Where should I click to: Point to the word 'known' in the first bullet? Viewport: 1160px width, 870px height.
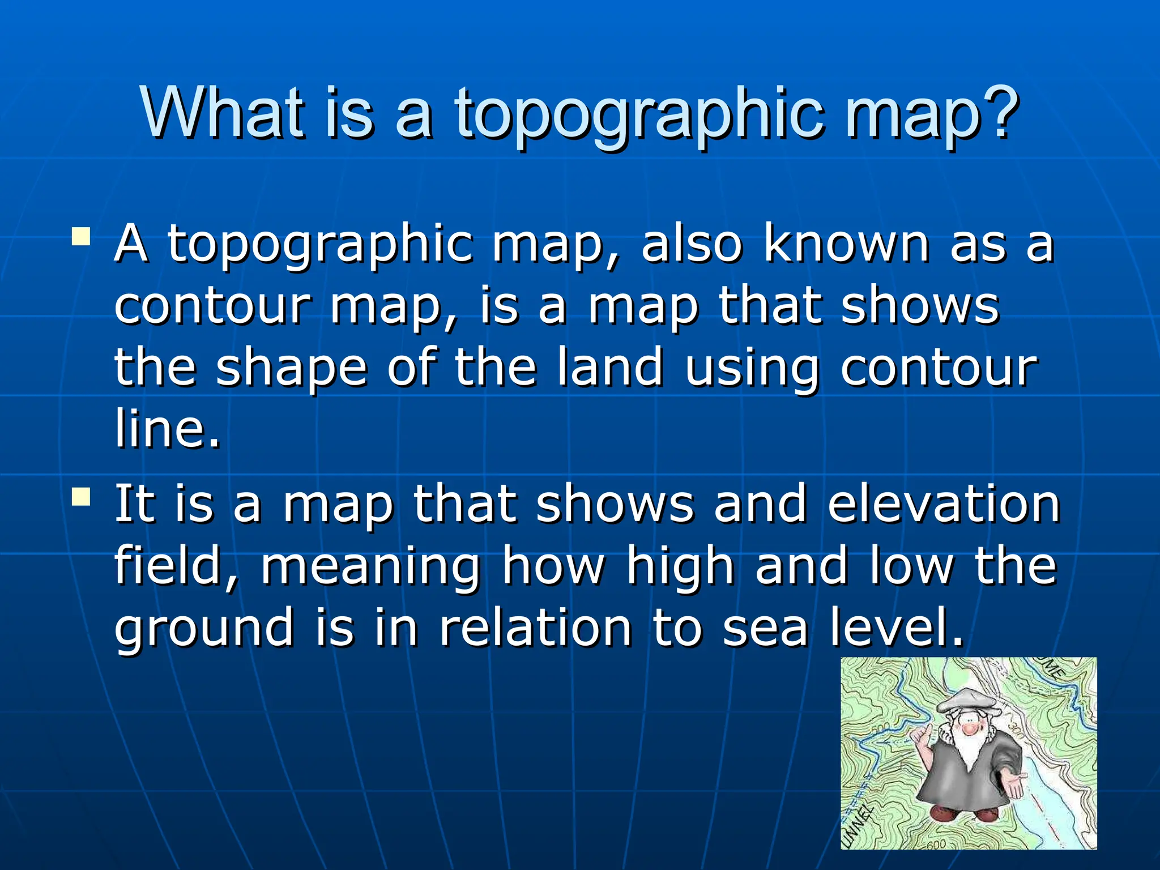pos(846,245)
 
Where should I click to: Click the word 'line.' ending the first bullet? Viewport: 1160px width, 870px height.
pos(167,429)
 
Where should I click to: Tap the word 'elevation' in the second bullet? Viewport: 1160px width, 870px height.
pos(943,504)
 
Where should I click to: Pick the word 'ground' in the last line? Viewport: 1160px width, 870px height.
pos(204,629)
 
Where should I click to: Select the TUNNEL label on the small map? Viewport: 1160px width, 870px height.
pos(859,826)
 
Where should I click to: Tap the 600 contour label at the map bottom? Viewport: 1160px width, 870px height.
pos(936,845)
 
